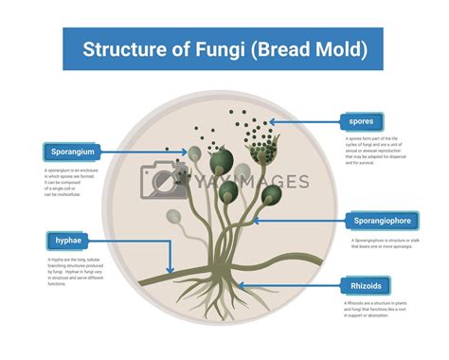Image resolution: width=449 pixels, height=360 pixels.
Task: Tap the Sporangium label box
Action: [73, 152]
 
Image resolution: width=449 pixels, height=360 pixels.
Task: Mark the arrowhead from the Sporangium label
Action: [188, 152]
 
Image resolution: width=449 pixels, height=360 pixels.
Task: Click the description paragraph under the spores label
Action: [379, 150]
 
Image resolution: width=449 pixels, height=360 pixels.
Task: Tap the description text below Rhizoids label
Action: [379, 308]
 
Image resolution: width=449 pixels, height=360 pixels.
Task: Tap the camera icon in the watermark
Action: [159, 180]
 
